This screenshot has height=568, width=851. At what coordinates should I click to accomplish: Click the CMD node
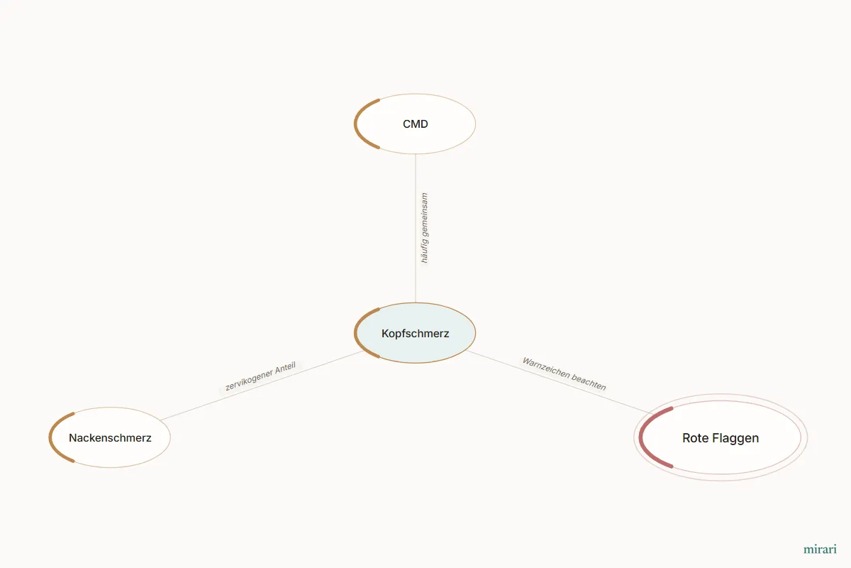tap(415, 124)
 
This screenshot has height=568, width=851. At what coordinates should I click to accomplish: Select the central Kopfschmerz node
tap(415, 333)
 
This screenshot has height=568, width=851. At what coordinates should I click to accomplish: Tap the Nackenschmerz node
tap(110, 437)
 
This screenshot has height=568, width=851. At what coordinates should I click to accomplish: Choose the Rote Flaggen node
tap(721, 437)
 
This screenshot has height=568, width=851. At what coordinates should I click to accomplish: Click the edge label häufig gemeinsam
tap(424, 228)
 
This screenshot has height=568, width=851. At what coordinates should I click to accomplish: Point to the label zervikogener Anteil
tap(260, 376)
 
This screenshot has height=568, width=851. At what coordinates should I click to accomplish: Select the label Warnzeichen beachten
tap(564, 373)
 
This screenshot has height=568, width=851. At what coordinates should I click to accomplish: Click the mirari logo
tap(820, 549)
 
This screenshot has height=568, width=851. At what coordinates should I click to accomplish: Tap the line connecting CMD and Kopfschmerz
tap(416, 229)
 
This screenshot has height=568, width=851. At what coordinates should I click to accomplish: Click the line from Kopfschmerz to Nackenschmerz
tap(262, 386)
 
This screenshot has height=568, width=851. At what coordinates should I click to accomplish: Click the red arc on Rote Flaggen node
tap(641, 437)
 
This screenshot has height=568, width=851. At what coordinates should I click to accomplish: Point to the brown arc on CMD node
tap(356, 124)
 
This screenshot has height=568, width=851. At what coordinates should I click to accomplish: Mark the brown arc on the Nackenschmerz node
tap(50, 437)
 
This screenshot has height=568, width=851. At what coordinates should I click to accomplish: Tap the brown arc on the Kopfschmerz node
tap(356, 333)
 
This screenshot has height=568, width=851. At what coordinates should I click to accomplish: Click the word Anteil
tap(285, 368)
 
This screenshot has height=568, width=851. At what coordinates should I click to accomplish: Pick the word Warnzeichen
tap(546, 367)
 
